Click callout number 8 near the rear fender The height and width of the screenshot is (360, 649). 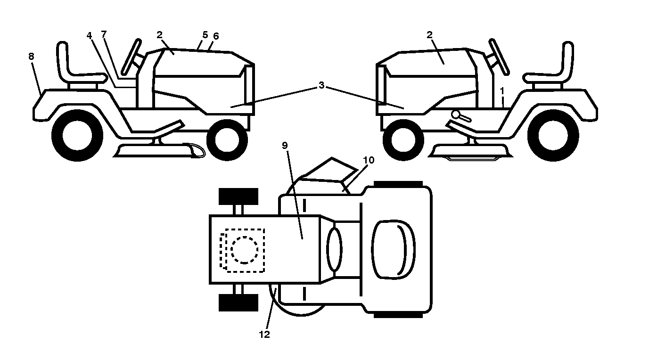31,56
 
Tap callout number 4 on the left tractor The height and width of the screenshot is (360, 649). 89,35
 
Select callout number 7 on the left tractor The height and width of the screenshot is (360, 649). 104,34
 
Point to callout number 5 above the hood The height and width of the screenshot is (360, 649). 205,35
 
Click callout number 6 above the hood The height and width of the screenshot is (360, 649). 216,36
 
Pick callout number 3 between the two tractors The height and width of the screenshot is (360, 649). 321,85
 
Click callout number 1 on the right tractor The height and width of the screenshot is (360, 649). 502,91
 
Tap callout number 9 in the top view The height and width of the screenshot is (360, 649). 285,146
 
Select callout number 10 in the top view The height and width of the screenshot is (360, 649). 369,160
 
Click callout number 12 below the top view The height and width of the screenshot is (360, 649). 264,335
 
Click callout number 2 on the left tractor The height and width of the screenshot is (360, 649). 159,35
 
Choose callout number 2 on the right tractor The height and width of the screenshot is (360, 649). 429,35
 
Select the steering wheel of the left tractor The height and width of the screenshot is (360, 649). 131,57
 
